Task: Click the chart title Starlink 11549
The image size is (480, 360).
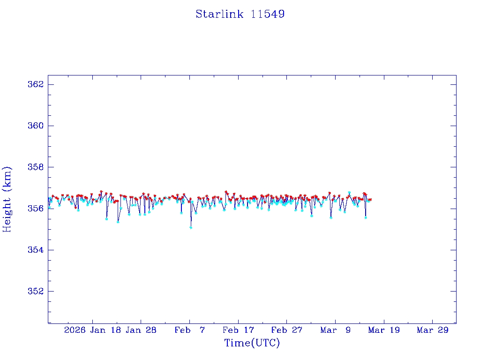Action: (x=240, y=14)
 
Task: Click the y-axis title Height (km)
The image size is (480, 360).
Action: (x=7, y=199)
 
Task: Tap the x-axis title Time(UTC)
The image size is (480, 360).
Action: (x=252, y=343)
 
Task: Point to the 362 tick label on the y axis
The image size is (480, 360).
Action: (x=36, y=84)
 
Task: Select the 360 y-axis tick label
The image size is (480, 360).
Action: (x=36, y=126)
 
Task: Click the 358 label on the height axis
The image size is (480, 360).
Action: (x=36, y=167)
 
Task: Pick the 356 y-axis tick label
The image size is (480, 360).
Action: (x=36, y=208)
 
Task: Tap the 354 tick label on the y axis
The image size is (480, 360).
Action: (x=36, y=250)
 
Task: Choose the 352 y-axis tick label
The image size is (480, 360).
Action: (x=36, y=291)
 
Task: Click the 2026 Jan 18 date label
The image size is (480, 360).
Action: (x=93, y=330)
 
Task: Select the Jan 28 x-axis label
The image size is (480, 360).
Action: (x=141, y=330)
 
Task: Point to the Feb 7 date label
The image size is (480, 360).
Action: (x=189, y=330)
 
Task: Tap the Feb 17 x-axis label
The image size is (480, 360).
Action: (x=238, y=330)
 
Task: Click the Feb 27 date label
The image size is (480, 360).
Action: (x=286, y=330)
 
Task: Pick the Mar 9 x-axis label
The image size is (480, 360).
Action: (x=335, y=330)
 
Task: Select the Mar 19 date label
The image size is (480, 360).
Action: (x=384, y=330)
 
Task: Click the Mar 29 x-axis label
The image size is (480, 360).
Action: (x=432, y=330)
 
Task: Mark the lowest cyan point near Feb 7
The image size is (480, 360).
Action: (x=191, y=227)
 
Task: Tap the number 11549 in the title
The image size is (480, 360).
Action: (x=268, y=14)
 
